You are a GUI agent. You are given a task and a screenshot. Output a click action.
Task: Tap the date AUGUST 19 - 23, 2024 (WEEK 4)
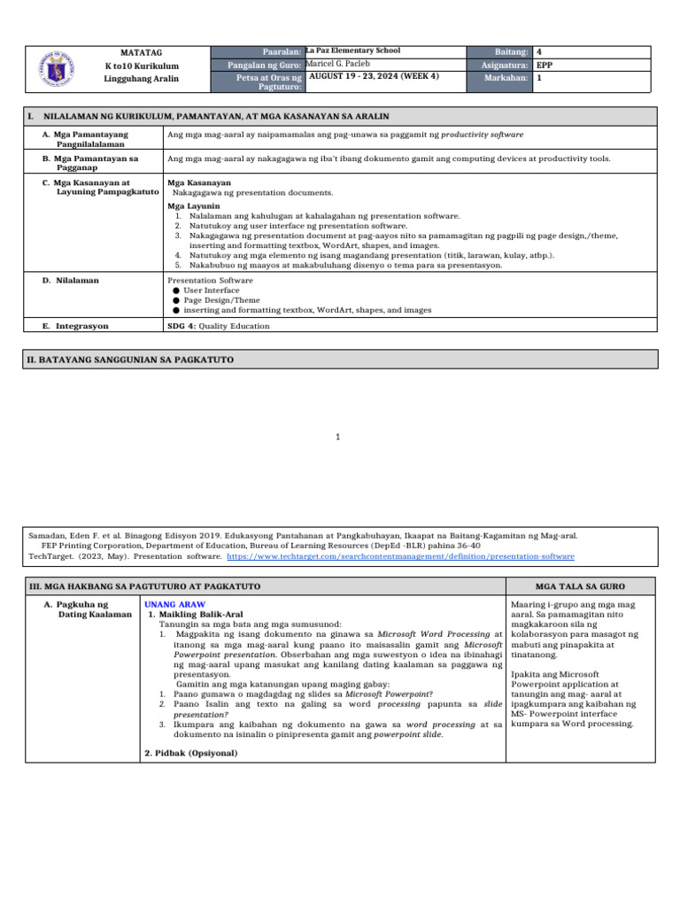374,78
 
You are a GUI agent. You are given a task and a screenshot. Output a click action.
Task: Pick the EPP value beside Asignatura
546,66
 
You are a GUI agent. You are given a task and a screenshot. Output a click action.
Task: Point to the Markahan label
508,79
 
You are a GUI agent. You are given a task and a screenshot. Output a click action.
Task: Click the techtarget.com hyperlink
400,556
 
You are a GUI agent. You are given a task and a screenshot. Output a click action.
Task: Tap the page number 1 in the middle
339,436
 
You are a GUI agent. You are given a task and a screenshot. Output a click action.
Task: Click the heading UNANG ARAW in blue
168,603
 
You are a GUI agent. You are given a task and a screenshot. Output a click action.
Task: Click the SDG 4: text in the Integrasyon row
182,326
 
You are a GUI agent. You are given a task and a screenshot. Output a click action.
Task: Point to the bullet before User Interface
176,290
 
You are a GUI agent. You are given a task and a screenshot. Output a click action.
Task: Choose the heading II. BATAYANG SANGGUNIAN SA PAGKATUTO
132,359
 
